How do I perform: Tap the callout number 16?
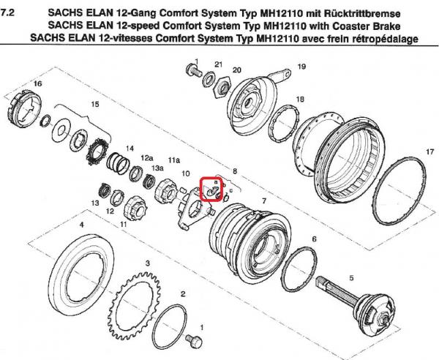(37, 85)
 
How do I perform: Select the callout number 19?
(301, 67)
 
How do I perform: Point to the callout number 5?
(350, 277)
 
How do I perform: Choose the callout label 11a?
(173, 159)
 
